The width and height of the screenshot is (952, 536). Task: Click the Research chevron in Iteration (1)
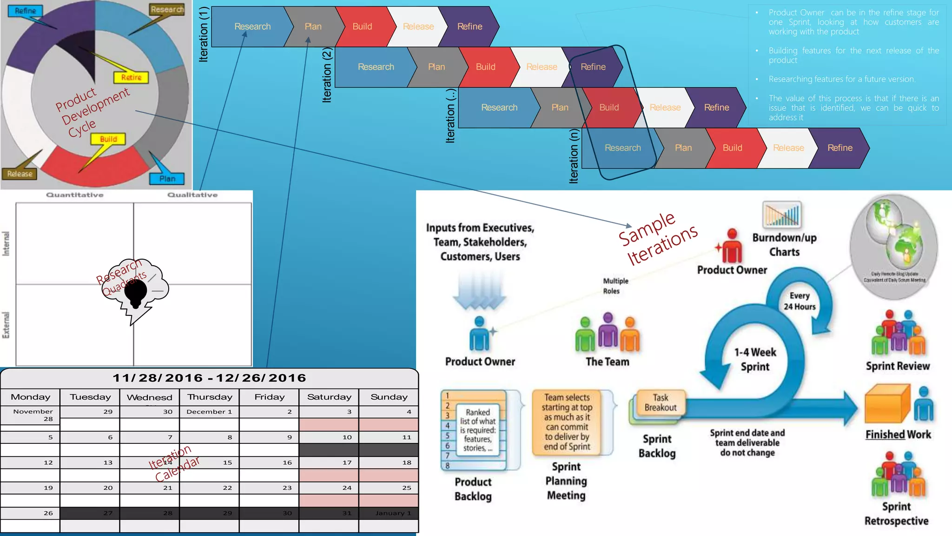point(252,27)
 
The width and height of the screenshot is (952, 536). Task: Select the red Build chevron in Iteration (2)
point(485,67)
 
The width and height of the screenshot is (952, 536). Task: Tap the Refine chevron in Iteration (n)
point(840,148)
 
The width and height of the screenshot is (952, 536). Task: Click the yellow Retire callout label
point(131,77)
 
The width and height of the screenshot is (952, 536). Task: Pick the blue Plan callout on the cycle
point(167,179)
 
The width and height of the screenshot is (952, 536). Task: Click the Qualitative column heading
point(192,195)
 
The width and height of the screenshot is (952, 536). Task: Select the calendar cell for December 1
point(209,412)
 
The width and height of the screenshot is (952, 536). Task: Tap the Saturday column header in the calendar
point(329,397)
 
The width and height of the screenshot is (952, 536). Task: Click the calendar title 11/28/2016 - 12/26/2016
point(209,378)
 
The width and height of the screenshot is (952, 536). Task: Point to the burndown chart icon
point(782,214)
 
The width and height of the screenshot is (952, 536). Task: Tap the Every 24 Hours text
point(800,301)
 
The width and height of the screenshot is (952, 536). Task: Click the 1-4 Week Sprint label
point(755,359)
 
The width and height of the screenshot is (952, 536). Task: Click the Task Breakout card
point(660,402)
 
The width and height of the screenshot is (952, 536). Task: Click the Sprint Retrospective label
point(896,514)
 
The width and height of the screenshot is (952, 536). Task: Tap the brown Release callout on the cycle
point(20,174)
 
